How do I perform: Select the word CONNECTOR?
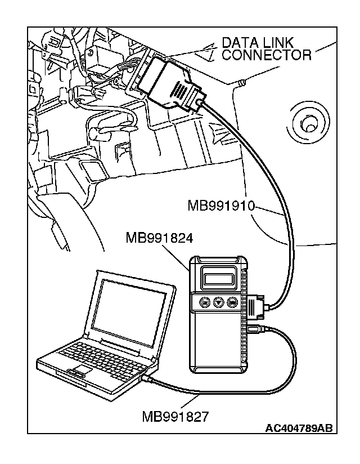pos(267,55)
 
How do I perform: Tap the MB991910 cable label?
pos(221,206)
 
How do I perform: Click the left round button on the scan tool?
pos(205,302)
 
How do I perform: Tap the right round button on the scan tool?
pos(232,303)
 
